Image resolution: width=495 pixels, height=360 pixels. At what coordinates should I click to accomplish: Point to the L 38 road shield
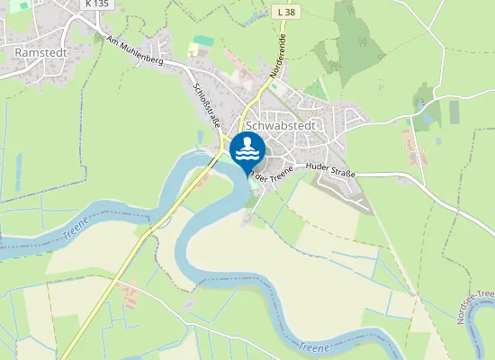(285, 13)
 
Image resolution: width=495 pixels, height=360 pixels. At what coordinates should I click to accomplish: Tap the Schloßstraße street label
(208, 106)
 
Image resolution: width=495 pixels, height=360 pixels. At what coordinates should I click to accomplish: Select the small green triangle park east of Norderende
(314, 89)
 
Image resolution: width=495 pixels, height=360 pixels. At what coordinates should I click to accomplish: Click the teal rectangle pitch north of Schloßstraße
(204, 41)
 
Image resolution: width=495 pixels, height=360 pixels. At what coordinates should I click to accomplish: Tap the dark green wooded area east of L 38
(355, 27)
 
